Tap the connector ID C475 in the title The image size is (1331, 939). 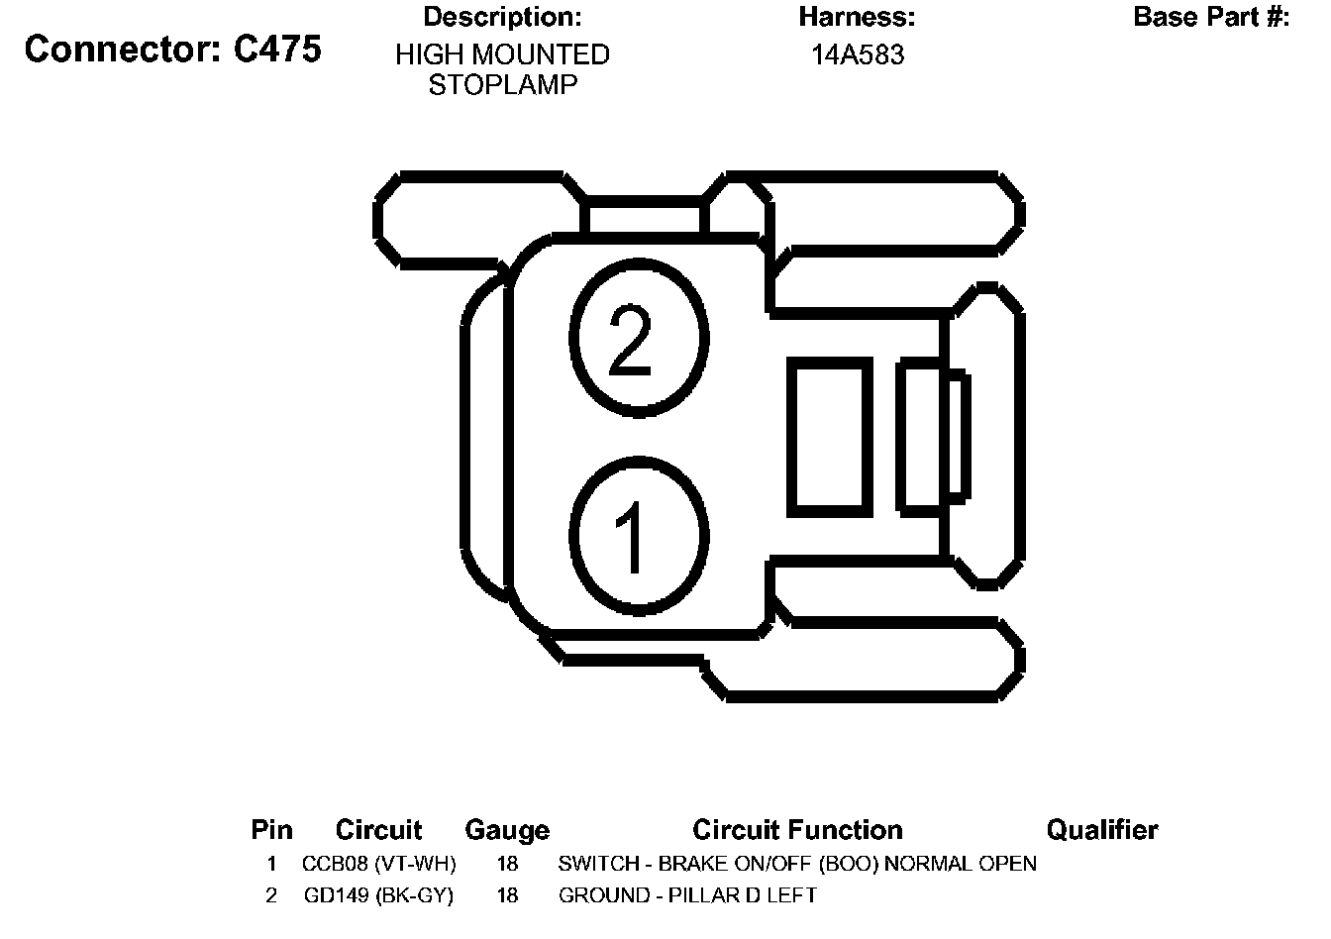(277, 50)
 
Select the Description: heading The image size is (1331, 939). (502, 17)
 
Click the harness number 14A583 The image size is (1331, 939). (858, 55)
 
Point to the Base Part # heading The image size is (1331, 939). (1211, 17)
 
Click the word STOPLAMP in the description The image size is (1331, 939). (502, 85)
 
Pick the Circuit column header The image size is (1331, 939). (378, 830)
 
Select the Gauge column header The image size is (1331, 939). (507, 830)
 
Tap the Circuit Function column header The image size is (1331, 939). (797, 830)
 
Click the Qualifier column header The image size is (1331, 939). (1101, 830)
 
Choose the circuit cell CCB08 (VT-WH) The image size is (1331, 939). (378, 864)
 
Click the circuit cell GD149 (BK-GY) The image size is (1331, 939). (378, 896)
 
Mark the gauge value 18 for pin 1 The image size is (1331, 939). (507, 864)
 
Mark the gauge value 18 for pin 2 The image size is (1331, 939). (507, 896)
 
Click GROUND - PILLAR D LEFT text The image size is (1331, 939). (687, 896)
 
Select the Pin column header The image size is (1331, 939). (271, 830)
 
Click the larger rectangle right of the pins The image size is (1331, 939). (830, 437)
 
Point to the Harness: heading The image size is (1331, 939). (857, 17)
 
